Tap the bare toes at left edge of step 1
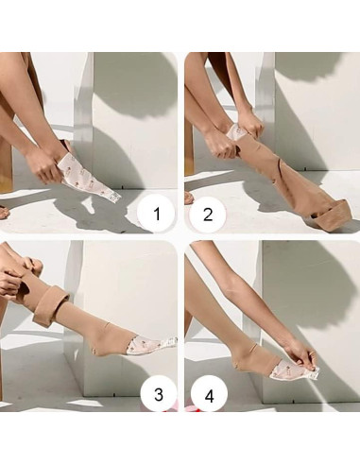tap(4, 213)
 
